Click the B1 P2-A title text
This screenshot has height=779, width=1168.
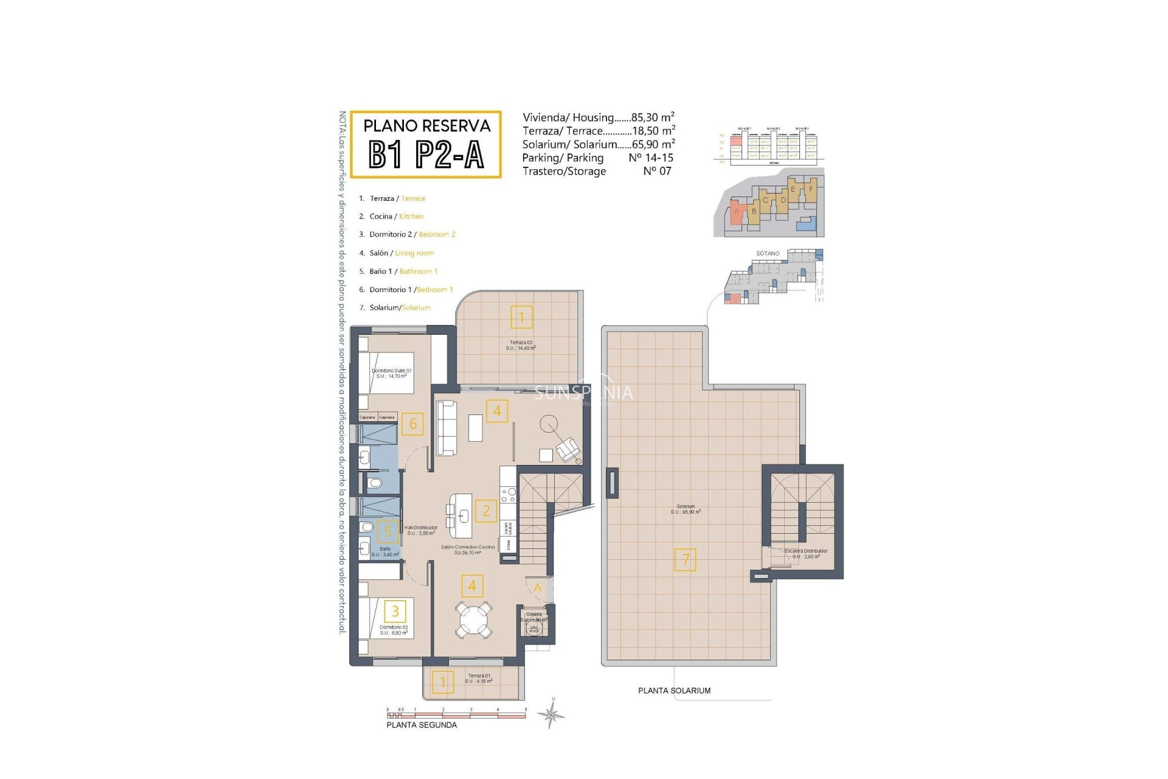[426, 154]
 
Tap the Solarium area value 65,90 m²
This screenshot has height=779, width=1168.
[653, 144]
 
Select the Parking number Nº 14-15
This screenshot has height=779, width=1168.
[650, 158]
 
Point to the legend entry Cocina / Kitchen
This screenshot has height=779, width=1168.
[396, 216]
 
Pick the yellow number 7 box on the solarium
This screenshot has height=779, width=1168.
[686, 559]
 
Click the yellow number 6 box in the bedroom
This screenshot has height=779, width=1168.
[413, 424]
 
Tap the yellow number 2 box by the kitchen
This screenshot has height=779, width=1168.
[485, 511]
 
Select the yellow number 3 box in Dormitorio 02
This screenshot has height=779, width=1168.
[395, 611]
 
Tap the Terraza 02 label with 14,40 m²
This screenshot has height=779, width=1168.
[521, 345]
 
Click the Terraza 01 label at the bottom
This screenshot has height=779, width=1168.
[479, 678]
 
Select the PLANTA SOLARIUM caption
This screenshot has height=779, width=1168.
[674, 691]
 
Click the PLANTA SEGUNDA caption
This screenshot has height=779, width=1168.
[422, 725]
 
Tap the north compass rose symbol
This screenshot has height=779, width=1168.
[552, 714]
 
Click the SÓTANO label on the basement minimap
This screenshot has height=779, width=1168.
[768, 253]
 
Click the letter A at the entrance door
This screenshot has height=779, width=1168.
[537, 587]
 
